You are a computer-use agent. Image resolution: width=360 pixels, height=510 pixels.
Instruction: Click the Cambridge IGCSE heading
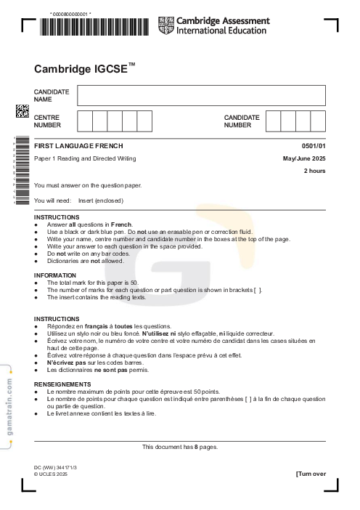click(x=85, y=69)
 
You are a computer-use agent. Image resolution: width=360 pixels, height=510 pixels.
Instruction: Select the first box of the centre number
click(x=85, y=121)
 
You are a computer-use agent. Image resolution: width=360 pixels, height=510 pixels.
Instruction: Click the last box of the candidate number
click(x=318, y=121)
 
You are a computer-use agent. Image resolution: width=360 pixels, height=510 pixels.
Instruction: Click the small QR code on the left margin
click(x=22, y=111)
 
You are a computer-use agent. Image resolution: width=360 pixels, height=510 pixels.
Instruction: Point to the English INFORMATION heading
click(x=57, y=275)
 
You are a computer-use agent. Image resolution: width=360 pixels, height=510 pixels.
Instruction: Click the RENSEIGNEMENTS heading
click(x=62, y=384)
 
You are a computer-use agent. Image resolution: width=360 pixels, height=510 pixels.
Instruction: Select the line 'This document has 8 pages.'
click(x=179, y=446)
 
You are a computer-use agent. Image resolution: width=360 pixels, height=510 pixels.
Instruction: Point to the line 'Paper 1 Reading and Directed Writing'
click(x=85, y=158)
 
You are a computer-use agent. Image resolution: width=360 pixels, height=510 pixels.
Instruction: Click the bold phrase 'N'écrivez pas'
click(x=67, y=362)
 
